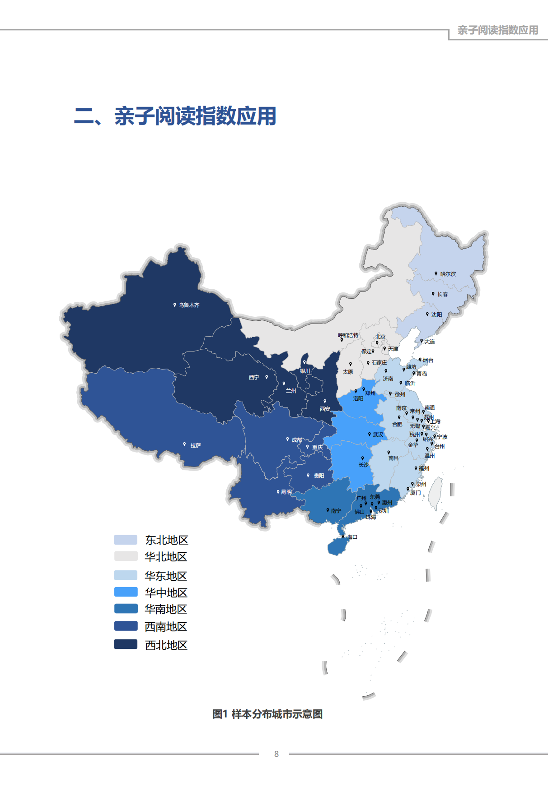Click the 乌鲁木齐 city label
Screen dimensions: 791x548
click(189, 305)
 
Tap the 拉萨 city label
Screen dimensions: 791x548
click(195, 445)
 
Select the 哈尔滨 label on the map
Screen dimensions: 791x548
click(448, 274)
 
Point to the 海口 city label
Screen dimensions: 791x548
click(352, 537)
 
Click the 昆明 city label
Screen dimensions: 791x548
click(286, 492)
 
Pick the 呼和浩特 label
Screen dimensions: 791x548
click(348, 335)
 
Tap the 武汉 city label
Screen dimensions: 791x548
click(378, 435)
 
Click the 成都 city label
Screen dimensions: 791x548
click(296, 440)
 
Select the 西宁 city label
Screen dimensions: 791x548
click(254, 377)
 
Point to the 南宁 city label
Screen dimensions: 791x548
click(336, 511)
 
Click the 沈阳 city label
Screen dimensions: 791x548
click(436, 315)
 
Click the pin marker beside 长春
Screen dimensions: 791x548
click(433, 294)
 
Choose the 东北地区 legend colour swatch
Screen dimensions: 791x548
click(126, 540)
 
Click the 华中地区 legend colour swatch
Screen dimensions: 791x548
click(126, 592)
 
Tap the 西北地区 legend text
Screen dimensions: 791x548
click(166, 645)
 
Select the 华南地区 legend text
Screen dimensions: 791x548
click(166, 609)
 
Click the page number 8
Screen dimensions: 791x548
click(276, 754)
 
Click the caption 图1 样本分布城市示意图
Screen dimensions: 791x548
click(267, 714)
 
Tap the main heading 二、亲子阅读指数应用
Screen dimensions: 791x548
click(175, 116)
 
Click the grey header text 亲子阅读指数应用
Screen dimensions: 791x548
click(497, 30)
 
